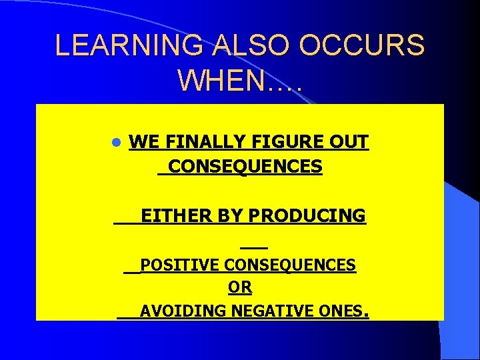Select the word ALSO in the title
pyautogui.click(x=253, y=45)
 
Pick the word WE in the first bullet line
pyautogui.click(x=141, y=142)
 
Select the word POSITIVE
pyautogui.click(x=181, y=265)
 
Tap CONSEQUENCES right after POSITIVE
pyautogui.click(x=290, y=265)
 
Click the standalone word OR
pyautogui.click(x=240, y=288)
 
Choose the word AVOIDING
pyautogui.click(x=183, y=311)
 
